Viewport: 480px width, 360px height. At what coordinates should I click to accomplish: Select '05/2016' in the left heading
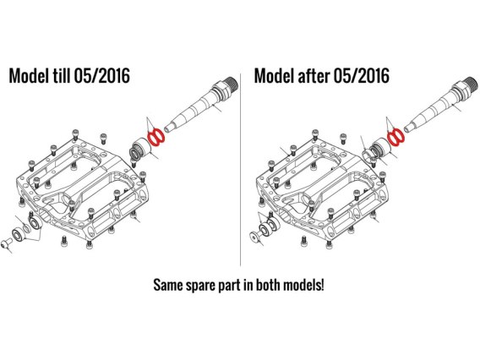[102, 75]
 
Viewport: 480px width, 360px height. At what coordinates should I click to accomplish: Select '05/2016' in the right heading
[362, 75]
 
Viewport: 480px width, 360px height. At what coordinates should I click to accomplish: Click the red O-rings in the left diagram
[155, 136]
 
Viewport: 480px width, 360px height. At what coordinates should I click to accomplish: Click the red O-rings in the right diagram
[396, 136]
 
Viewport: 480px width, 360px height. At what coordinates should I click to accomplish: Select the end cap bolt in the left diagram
[6, 244]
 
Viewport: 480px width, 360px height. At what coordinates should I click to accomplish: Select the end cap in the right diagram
[254, 237]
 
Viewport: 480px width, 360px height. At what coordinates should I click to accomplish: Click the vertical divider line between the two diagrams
[241, 170]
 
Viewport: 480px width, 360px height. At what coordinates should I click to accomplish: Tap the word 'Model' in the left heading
[28, 75]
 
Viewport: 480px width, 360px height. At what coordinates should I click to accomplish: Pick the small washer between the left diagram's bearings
[27, 229]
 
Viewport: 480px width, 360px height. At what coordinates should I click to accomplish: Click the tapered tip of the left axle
[169, 127]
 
